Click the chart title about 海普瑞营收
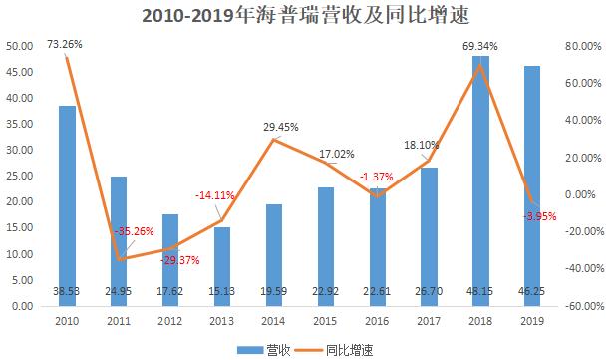(x=306, y=17)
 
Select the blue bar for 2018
(x=481, y=180)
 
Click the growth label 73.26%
(x=65, y=44)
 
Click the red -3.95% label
(x=537, y=216)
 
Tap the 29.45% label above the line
(x=281, y=127)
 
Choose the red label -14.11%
(x=215, y=195)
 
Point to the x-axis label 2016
(x=378, y=322)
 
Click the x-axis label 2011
(x=119, y=322)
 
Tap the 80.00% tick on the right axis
(x=578, y=46)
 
